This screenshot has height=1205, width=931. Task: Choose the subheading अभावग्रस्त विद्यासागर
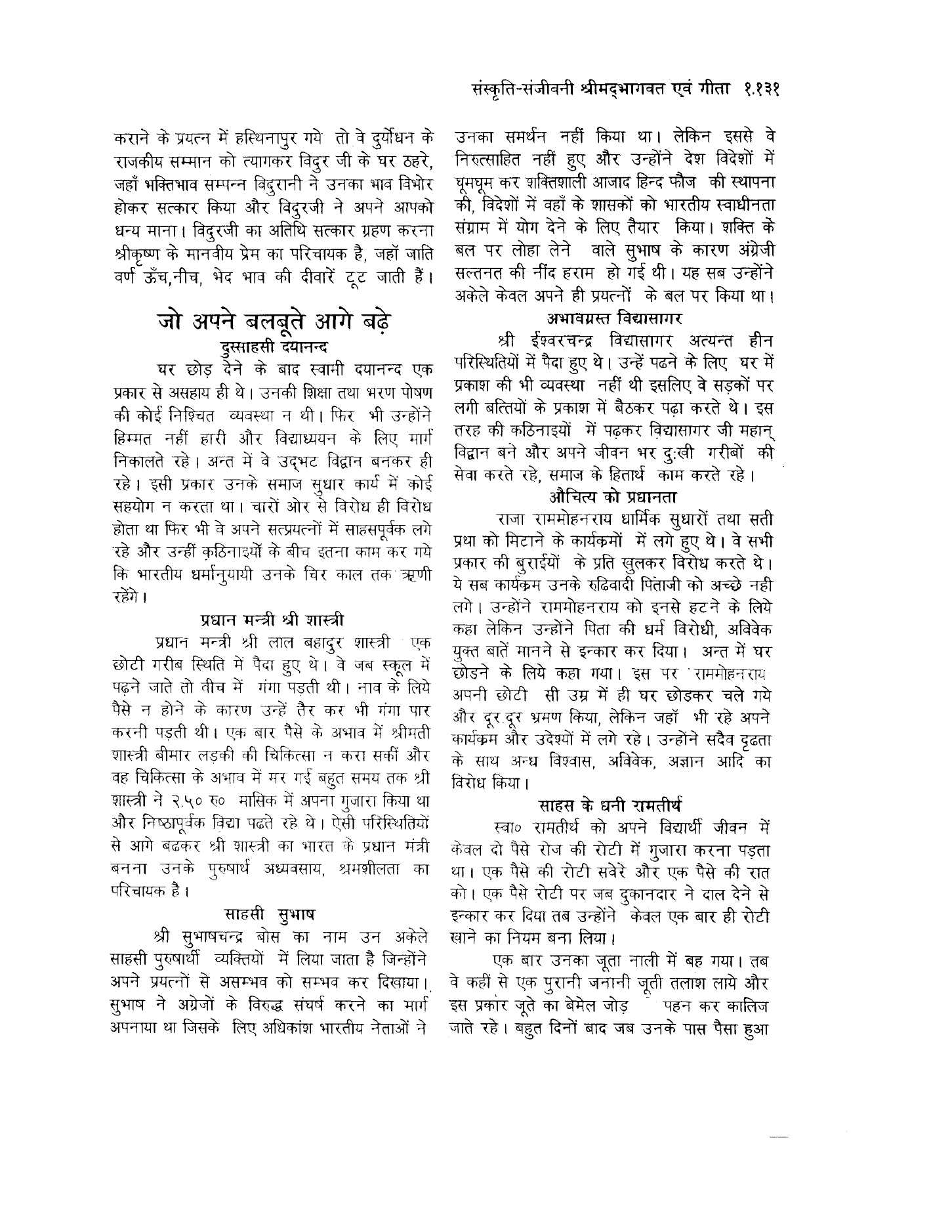[x=614, y=319]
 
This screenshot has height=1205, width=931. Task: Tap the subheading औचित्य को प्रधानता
[x=614, y=496]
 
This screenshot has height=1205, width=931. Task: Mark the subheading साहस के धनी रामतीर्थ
[x=611, y=803]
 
